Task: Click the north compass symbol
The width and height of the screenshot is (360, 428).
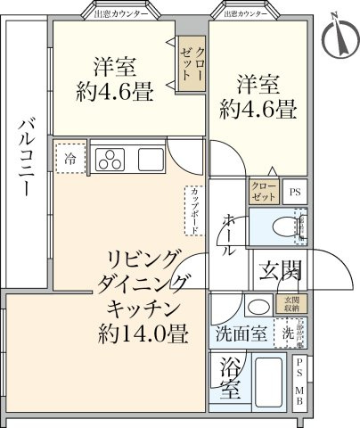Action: click(x=336, y=34)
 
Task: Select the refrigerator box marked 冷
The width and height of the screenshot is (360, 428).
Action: click(x=70, y=158)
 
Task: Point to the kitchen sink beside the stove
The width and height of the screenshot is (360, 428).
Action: click(x=149, y=160)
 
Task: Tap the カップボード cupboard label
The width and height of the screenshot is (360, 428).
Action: click(x=192, y=210)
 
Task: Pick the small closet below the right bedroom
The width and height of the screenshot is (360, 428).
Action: click(x=265, y=191)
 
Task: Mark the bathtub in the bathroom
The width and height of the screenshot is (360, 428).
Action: click(x=270, y=383)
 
